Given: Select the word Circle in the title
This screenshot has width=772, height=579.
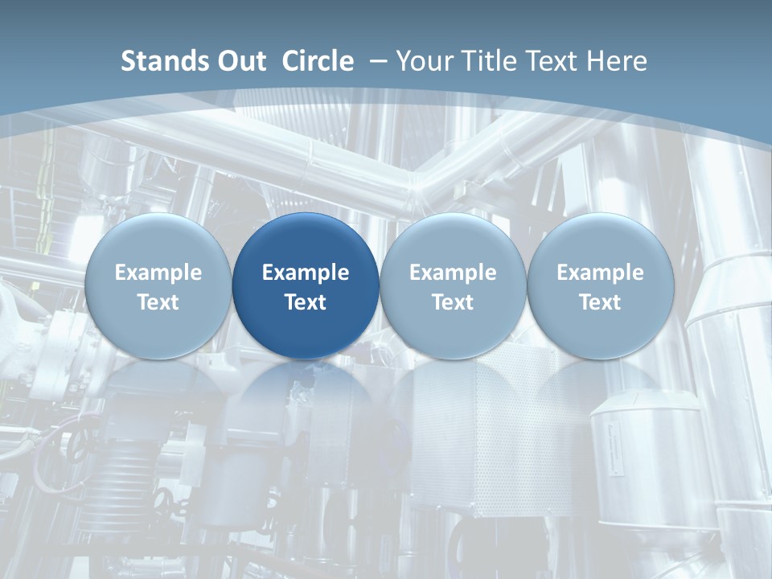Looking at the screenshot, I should (318, 61).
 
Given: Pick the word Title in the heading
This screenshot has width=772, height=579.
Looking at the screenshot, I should (486, 61).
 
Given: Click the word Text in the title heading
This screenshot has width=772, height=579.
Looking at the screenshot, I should (551, 61).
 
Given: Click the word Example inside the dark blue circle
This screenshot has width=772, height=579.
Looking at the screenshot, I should (306, 273).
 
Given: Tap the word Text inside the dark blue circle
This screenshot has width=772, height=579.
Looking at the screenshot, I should (306, 302).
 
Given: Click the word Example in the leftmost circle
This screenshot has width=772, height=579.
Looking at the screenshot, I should (158, 273).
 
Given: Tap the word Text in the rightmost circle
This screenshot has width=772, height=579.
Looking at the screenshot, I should (601, 302).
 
